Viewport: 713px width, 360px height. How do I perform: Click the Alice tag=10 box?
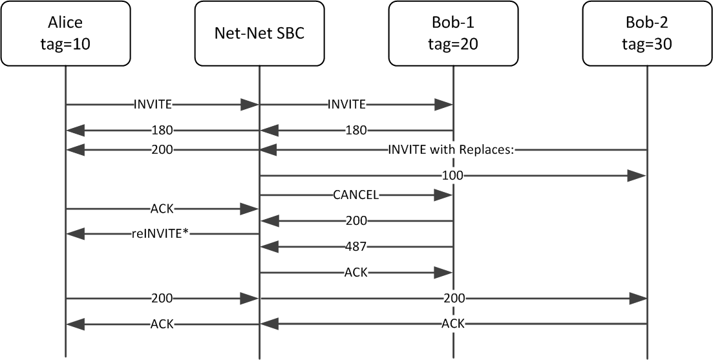click(x=65, y=34)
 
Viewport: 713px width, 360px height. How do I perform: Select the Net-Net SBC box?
click(x=259, y=34)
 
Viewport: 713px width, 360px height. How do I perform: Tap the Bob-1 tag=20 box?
click(x=453, y=34)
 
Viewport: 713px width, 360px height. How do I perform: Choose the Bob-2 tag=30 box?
click(x=647, y=34)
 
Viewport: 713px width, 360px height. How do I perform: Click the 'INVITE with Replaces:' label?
click(x=452, y=150)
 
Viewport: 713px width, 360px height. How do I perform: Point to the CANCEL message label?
click(x=356, y=195)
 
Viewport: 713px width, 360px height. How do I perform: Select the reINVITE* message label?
click(x=162, y=234)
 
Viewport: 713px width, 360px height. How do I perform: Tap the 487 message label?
click(x=356, y=246)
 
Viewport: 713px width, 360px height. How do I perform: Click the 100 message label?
click(x=452, y=176)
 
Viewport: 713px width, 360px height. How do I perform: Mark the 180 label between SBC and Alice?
click(x=162, y=131)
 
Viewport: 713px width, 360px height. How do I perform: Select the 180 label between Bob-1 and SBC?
click(x=356, y=131)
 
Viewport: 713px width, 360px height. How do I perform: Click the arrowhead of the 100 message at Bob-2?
click(x=637, y=176)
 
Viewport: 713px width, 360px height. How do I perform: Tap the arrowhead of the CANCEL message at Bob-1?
click(x=443, y=195)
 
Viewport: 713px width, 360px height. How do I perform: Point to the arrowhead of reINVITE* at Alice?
click(x=75, y=234)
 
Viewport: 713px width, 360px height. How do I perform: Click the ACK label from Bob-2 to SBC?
click(x=452, y=323)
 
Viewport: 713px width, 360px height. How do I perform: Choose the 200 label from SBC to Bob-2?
click(x=452, y=299)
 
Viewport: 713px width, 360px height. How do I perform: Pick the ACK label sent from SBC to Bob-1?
click(x=356, y=273)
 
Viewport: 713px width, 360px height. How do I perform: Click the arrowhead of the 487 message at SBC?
click(x=269, y=246)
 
